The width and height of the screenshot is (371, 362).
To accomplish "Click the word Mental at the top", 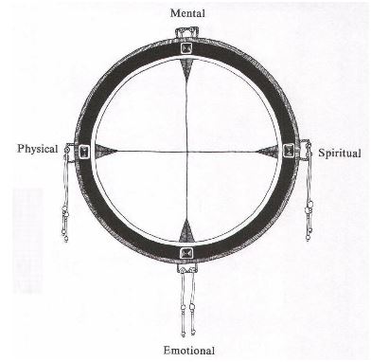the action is [186, 13].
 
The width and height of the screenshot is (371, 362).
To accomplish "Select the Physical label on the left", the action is [38, 149].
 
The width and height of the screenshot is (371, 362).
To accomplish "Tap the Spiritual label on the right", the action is [339, 152].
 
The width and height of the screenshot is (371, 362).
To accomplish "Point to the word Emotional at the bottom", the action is [186, 351].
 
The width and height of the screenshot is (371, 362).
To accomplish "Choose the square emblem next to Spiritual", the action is [291, 151].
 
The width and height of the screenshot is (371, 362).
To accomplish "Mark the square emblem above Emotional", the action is [186, 252].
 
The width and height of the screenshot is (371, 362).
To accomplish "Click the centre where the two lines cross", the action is [186, 151].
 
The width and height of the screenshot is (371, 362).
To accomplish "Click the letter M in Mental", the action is [171, 13].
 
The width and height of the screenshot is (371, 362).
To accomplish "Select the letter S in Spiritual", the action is [322, 152].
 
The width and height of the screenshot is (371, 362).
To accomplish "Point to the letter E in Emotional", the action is [163, 351].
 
